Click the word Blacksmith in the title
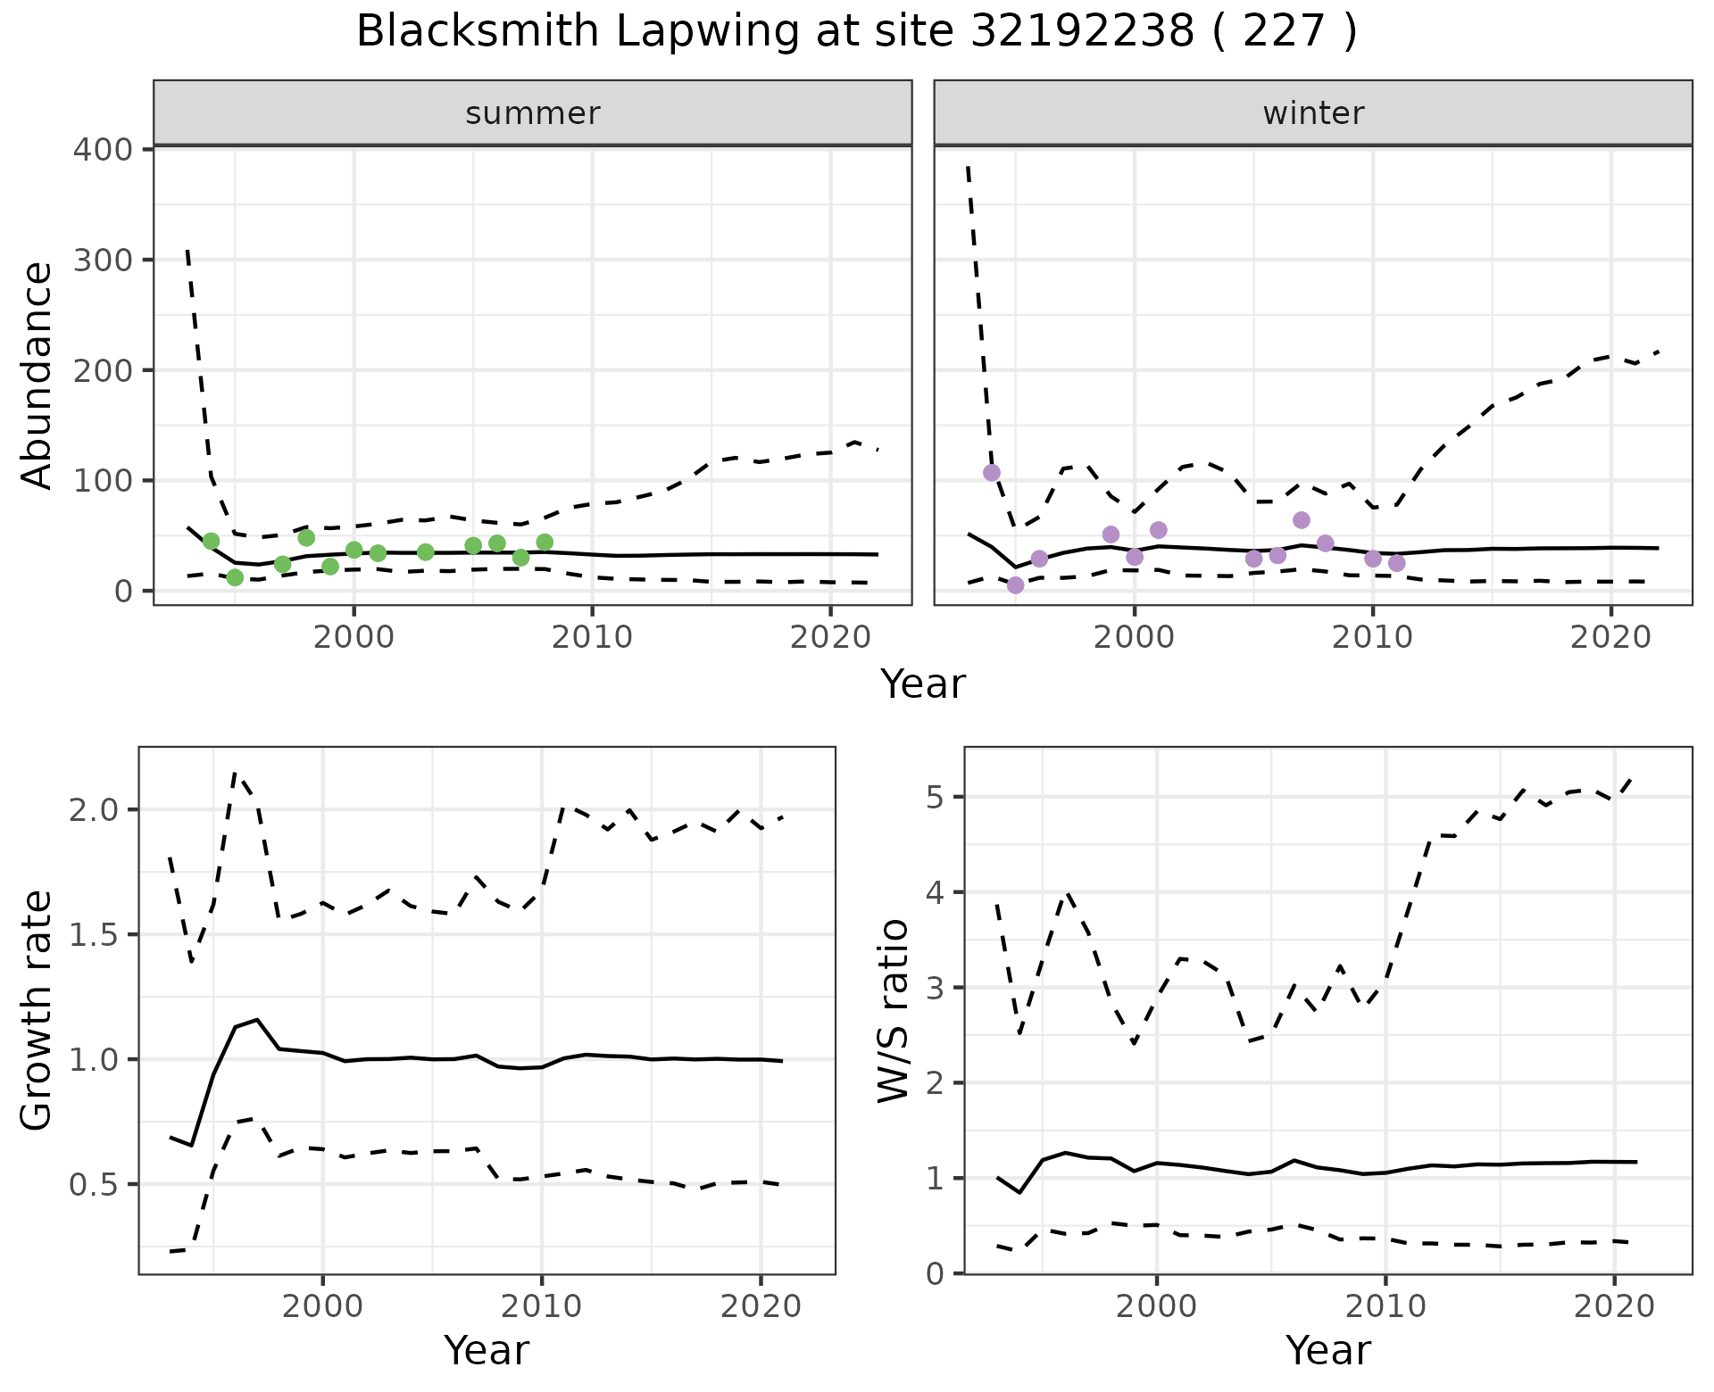[477, 32]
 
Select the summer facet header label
[533, 113]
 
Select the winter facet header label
[1313, 113]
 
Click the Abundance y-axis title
[37, 375]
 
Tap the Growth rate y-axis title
[37, 1011]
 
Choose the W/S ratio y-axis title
[893, 1011]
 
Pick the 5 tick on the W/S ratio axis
[934, 797]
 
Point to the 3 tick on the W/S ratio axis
[934, 988]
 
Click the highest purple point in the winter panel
[991, 473]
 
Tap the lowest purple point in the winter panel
[1015, 585]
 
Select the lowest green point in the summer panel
[235, 577]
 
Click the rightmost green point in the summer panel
[545, 543]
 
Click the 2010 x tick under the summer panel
[592, 638]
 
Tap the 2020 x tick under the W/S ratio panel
[1613, 1307]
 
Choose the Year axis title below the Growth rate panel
[487, 1350]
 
